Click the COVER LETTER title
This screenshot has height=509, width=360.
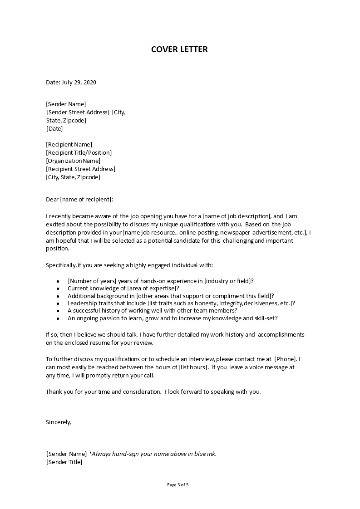click(179, 49)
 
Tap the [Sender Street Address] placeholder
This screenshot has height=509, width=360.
click(78, 112)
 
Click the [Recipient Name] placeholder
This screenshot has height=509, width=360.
click(69, 144)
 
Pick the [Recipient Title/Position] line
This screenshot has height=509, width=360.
click(79, 152)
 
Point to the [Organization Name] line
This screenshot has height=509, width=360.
click(73, 161)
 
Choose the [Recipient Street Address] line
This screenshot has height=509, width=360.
click(80, 169)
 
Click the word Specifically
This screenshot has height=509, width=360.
click(61, 265)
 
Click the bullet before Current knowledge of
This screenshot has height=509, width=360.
click(58, 289)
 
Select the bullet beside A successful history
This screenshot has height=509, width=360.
click(58, 311)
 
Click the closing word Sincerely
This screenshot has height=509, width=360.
click(59, 421)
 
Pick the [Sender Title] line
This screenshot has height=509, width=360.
click(64, 462)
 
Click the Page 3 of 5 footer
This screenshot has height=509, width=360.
click(178, 485)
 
